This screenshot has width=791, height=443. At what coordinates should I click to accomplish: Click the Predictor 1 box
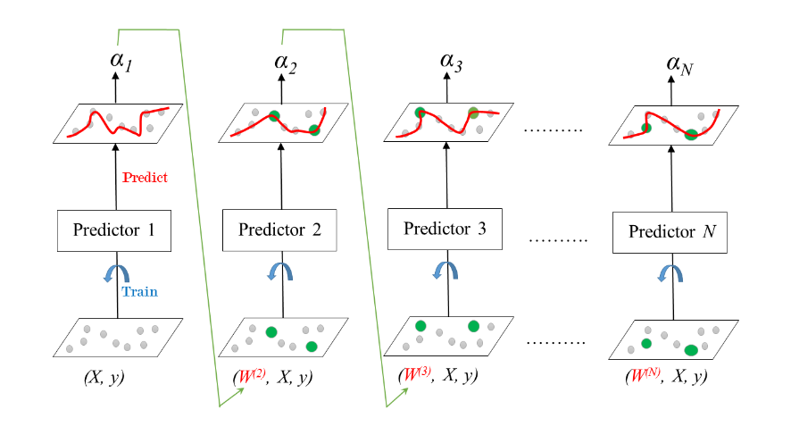[x=113, y=230]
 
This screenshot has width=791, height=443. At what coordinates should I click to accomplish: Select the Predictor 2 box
[x=279, y=230]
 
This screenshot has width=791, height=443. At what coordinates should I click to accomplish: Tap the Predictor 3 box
[x=445, y=228]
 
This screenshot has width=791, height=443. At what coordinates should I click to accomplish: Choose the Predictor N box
[x=669, y=232]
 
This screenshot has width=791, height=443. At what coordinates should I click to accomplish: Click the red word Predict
[x=148, y=177]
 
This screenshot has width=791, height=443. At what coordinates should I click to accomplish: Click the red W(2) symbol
[x=249, y=376]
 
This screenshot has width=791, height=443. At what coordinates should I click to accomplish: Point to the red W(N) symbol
[x=645, y=376]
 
